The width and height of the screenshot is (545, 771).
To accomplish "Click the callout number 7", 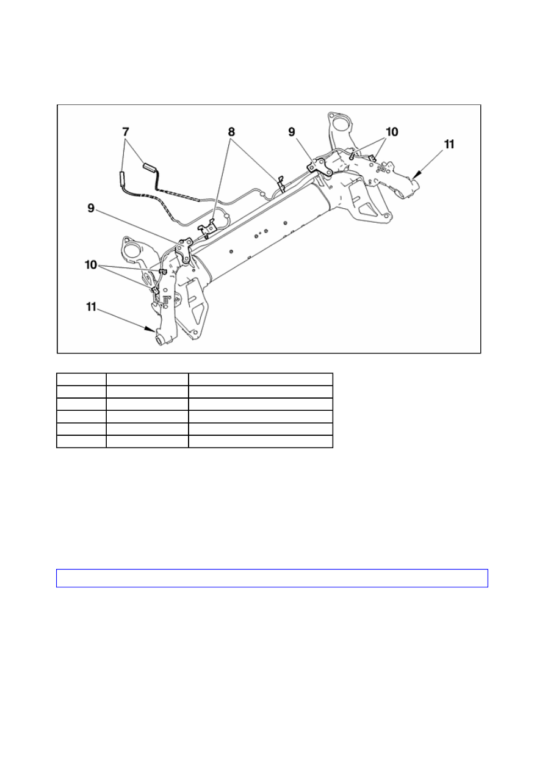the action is [x=126, y=132].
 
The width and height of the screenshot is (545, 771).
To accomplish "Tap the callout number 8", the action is [x=231, y=132].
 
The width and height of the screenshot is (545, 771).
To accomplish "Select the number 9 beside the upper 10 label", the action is [x=292, y=132].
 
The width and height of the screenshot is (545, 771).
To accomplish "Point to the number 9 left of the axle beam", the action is [x=91, y=208].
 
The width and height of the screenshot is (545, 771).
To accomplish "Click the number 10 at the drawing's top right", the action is [x=392, y=132].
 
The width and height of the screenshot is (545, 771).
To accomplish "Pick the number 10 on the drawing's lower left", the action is [x=91, y=265].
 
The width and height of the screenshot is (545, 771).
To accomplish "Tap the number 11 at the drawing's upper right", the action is [x=449, y=144].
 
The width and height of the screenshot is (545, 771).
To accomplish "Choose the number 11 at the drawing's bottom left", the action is [x=91, y=306].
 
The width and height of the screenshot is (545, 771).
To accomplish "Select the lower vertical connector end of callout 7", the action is [x=122, y=178].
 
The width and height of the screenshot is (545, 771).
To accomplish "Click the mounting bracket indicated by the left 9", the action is [x=185, y=250].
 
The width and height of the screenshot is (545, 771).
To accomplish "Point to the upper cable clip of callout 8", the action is [x=281, y=184].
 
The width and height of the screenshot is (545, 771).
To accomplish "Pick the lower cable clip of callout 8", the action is [x=208, y=228].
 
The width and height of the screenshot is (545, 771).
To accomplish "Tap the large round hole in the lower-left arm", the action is [x=132, y=250].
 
